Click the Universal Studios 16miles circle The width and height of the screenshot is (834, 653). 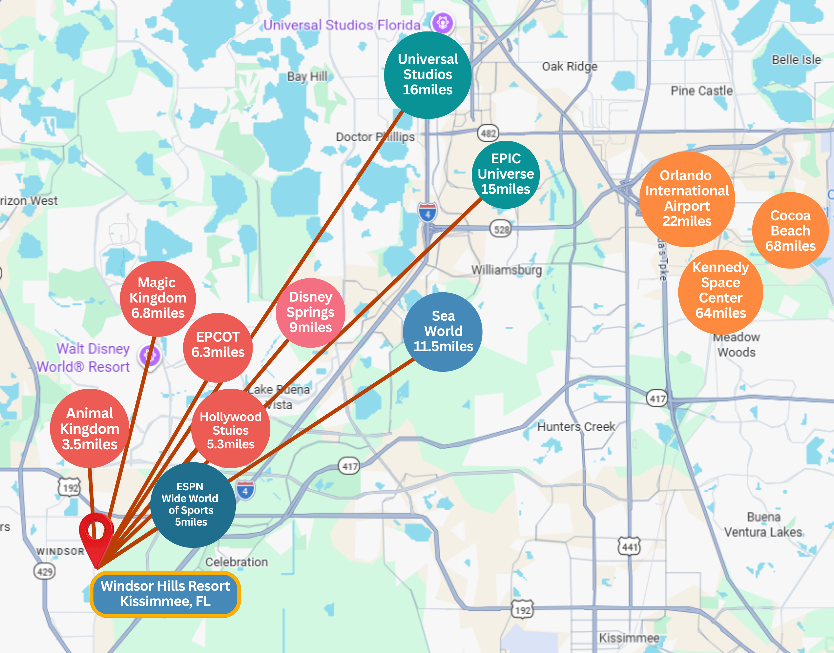coord(428,75)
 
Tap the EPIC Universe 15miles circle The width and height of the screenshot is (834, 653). coord(506,174)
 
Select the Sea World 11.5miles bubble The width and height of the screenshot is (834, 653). coord(443,331)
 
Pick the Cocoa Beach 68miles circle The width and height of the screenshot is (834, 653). coord(790,231)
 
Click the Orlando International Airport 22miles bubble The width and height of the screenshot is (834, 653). coord(687,199)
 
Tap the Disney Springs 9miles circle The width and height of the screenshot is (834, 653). coord(310,312)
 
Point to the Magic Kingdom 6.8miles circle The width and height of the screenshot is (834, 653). coord(158,298)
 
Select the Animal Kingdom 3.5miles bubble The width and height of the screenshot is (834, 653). coord(90,429)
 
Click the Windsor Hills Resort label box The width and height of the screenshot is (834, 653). coord(165,594)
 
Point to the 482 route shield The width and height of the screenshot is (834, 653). coord(488,133)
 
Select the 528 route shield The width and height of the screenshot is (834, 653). coord(501,229)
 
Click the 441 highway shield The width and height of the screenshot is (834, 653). coord(629,547)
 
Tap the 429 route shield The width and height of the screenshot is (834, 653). coord(45,572)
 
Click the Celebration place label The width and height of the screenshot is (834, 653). coord(237,562)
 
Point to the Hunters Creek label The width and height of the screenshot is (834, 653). coord(576,426)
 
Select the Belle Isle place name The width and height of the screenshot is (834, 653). coord(796,60)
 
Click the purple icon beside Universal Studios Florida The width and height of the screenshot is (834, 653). coord(443,23)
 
